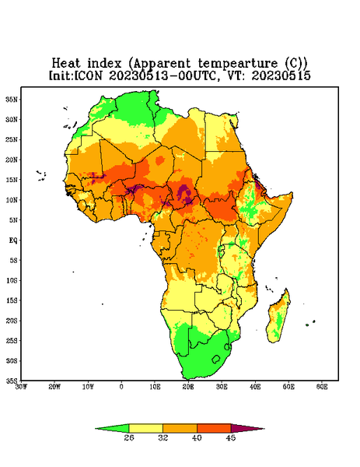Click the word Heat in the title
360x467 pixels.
pyautogui.click(x=66, y=64)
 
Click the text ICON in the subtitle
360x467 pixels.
pyautogui.click(x=88, y=75)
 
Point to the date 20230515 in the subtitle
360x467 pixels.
pyautogui.click(x=281, y=75)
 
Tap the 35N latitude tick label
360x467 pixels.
pyautogui.click(x=12, y=99)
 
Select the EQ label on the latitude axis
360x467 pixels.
pyautogui.click(x=13, y=240)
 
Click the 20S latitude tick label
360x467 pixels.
pyautogui.click(x=12, y=321)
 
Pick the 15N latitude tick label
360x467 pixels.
pyautogui.click(x=12, y=180)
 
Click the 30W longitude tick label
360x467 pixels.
pyautogui.click(x=21, y=387)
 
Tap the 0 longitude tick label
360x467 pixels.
pyautogui.click(x=121, y=387)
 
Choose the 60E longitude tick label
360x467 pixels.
pyautogui.click(x=322, y=387)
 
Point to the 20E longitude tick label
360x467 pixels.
pyautogui.click(x=188, y=387)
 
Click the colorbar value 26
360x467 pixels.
pyautogui.click(x=129, y=437)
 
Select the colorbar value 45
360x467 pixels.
pyautogui.click(x=231, y=437)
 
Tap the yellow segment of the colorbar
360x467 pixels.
pyautogui.click(x=145, y=428)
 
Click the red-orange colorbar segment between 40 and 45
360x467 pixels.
pyautogui.click(x=214, y=428)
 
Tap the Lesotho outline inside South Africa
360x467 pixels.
pyautogui.click(x=216, y=359)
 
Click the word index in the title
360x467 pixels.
pyautogui.click(x=104, y=64)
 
